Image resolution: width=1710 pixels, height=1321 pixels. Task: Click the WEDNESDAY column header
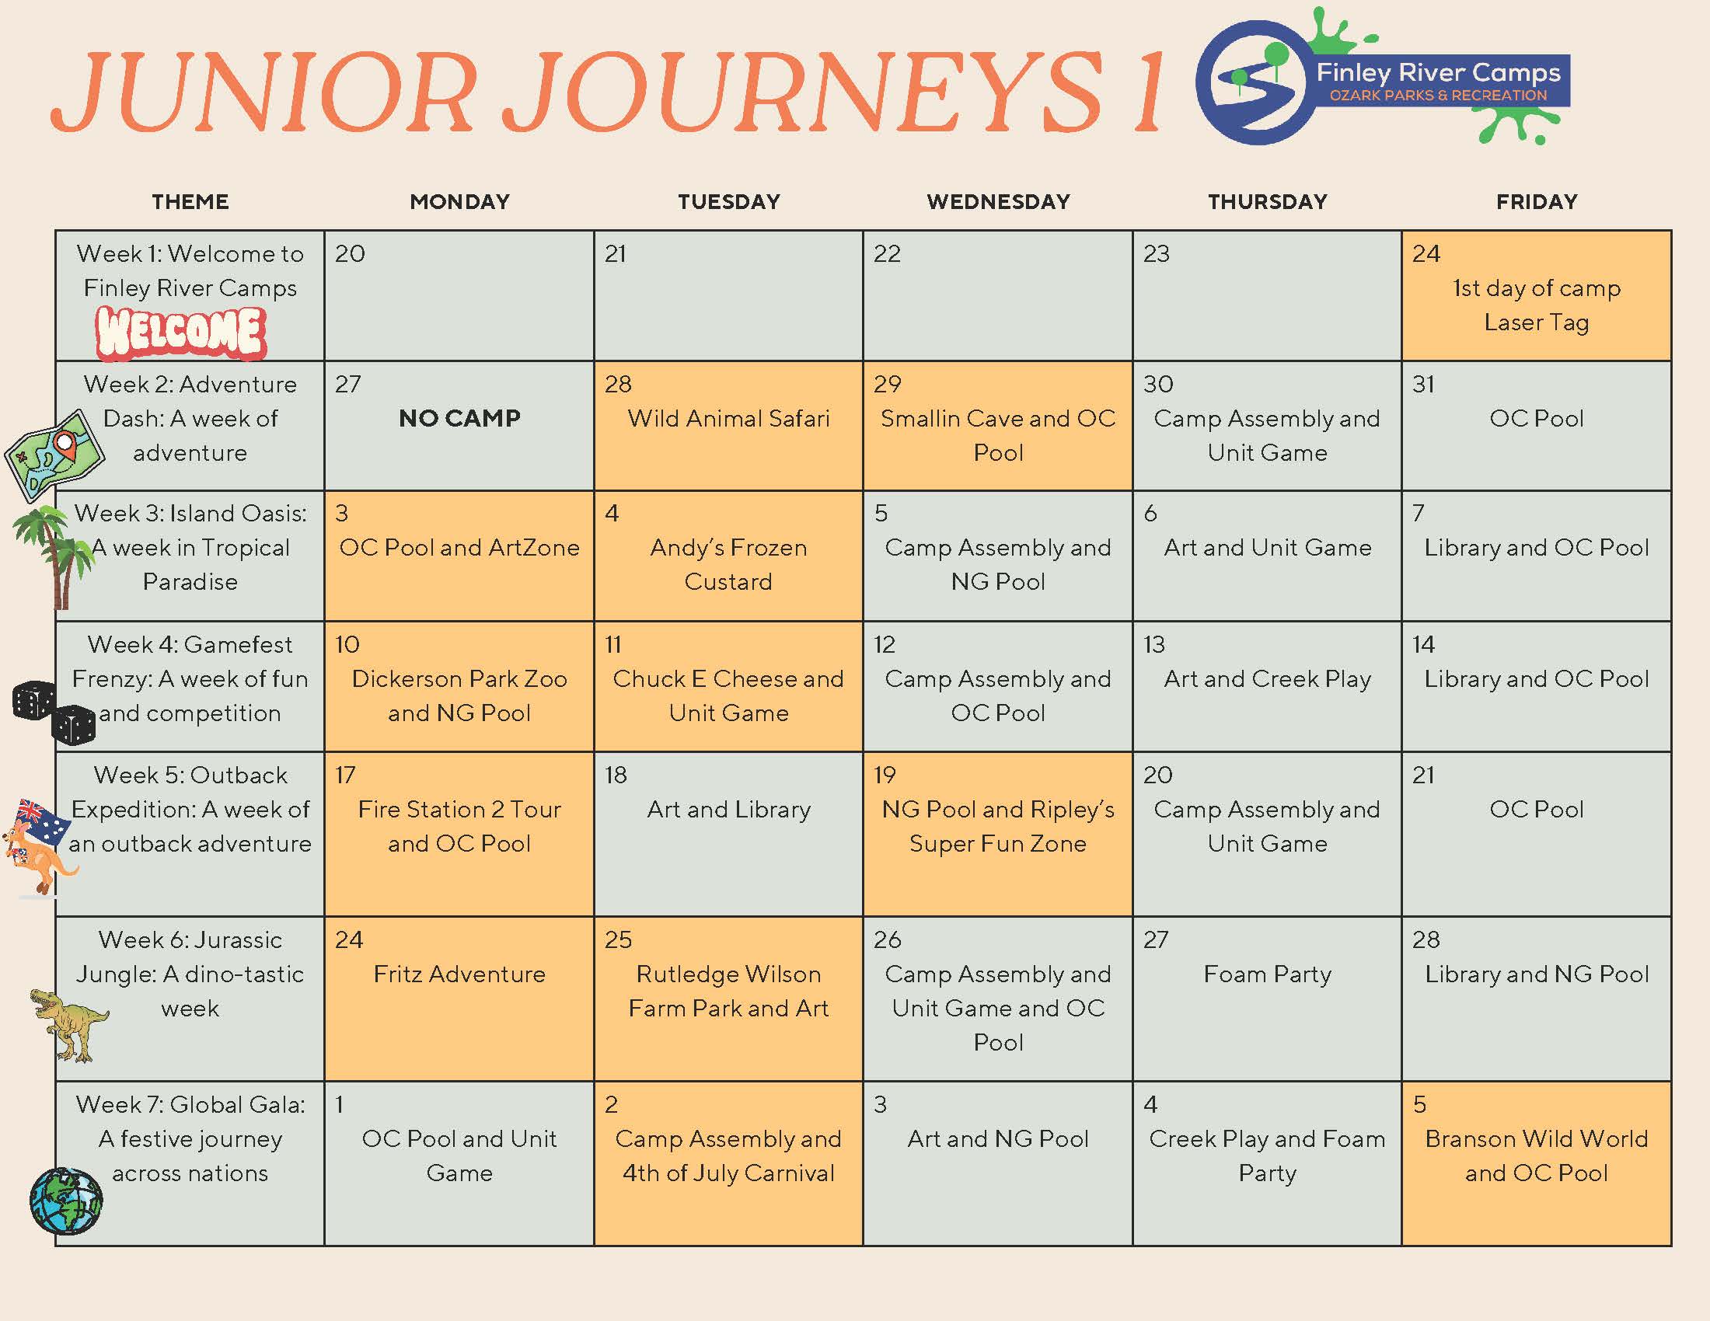click(x=998, y=202)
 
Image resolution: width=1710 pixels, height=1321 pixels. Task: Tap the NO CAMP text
click(x=459, y=419)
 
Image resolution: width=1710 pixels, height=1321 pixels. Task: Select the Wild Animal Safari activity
click(x=728, y=419)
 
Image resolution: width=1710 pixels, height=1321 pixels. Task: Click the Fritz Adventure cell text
click(x=459, y=974)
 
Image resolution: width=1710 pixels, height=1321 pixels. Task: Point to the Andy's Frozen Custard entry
click(x=728, y=564)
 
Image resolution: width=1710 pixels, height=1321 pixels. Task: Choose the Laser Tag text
click(x=1536, y=322)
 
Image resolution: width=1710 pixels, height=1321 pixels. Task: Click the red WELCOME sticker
click(x=181, y=333)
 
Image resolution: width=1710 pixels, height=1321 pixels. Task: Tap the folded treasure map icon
click(x=54, y=455)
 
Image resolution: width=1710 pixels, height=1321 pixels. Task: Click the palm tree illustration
click(x=52, y=556)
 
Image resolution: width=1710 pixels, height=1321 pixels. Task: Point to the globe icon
click(x=67, y=1201)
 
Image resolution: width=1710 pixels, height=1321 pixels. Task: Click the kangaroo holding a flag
click(x=40, y=848)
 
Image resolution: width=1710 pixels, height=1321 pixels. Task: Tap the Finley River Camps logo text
click(x=1438, y=73)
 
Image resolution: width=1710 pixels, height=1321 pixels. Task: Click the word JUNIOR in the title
click(x=263, y=92)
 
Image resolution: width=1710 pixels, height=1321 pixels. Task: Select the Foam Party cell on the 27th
click(x=1267, y=974)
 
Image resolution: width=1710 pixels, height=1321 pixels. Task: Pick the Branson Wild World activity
click(x=1536, y=1138)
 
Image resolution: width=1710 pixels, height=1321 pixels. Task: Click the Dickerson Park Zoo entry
click(x=459, y=678)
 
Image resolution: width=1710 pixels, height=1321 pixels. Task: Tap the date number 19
click(x=885, y=775)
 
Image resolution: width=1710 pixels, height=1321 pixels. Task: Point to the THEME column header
click(x=190, y=202)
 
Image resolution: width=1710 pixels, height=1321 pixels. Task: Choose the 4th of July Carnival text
click(x=728, y=1173)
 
